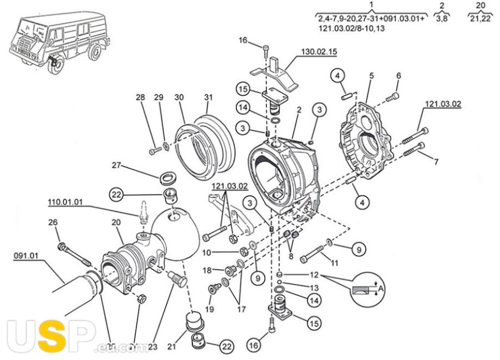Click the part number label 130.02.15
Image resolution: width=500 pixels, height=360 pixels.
pyautogui.click(x=317, y=52)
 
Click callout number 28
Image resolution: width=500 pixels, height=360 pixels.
pyautogui.click(x=141, y=97)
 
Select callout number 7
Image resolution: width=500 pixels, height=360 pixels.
pyautogui.click(x=435, y=162)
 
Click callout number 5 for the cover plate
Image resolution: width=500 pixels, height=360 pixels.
pyautogui.click(x=371, y=76)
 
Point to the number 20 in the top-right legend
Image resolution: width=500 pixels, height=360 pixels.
pyautogui.click(x=480, y=6)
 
